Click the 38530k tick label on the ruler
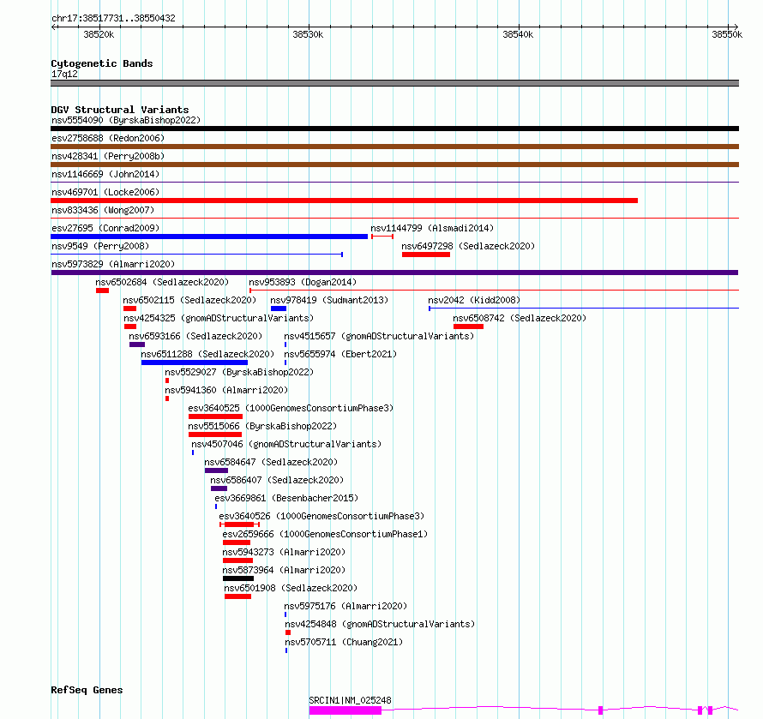tap(308, 34)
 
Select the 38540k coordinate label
tap(518, 34)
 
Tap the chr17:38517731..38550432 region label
tap(113, 18)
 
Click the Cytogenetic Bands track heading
tap(102, 63)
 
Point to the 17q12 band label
tap(64, 74)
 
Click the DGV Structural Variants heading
tap(120, 110)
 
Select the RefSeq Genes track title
tap(87, 690)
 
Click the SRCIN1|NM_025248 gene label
tap(350, 700)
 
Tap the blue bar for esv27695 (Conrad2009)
tap(209, 237)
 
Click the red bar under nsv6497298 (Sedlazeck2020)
tap(426, 255)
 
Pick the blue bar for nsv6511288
tap(194, 362)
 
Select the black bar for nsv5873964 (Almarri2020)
tap(238, 578)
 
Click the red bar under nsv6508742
tap(468, 327)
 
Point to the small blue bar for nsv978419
tap(279, 309)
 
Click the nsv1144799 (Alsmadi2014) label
tap(432, 228)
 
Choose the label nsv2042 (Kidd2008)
tap(474, 300)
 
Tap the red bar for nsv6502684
tap(102, 291)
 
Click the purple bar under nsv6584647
tap(217, 470)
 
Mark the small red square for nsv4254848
tap(288, 632)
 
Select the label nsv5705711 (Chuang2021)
tap(344, 642)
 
